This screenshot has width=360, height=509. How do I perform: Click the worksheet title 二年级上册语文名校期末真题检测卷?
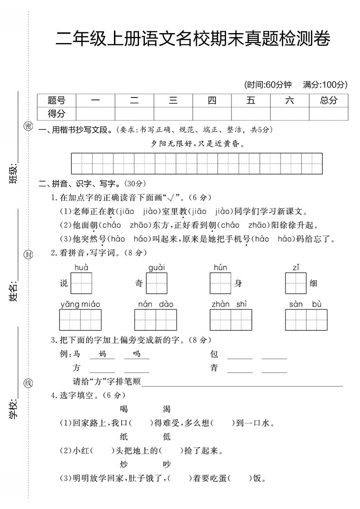point(192,40)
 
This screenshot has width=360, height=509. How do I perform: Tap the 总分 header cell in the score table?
point(329,101)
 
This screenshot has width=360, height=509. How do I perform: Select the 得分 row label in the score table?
point(57,113)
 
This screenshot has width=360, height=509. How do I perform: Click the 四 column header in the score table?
point(212,101)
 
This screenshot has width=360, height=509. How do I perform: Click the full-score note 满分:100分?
point(325,84)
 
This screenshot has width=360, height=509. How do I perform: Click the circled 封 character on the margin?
point(28,255)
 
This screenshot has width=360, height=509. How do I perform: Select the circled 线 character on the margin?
point(28,384)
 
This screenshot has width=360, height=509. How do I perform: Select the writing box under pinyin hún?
point(221,284)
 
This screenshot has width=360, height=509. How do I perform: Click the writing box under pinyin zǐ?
point(296,284)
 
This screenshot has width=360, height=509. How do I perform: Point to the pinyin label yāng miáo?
point(80,304)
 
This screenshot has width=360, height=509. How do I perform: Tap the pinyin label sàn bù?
point(306,304)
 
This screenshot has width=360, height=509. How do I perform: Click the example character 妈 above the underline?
point(102,354)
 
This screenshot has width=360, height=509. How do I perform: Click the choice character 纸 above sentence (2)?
point(124,437)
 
